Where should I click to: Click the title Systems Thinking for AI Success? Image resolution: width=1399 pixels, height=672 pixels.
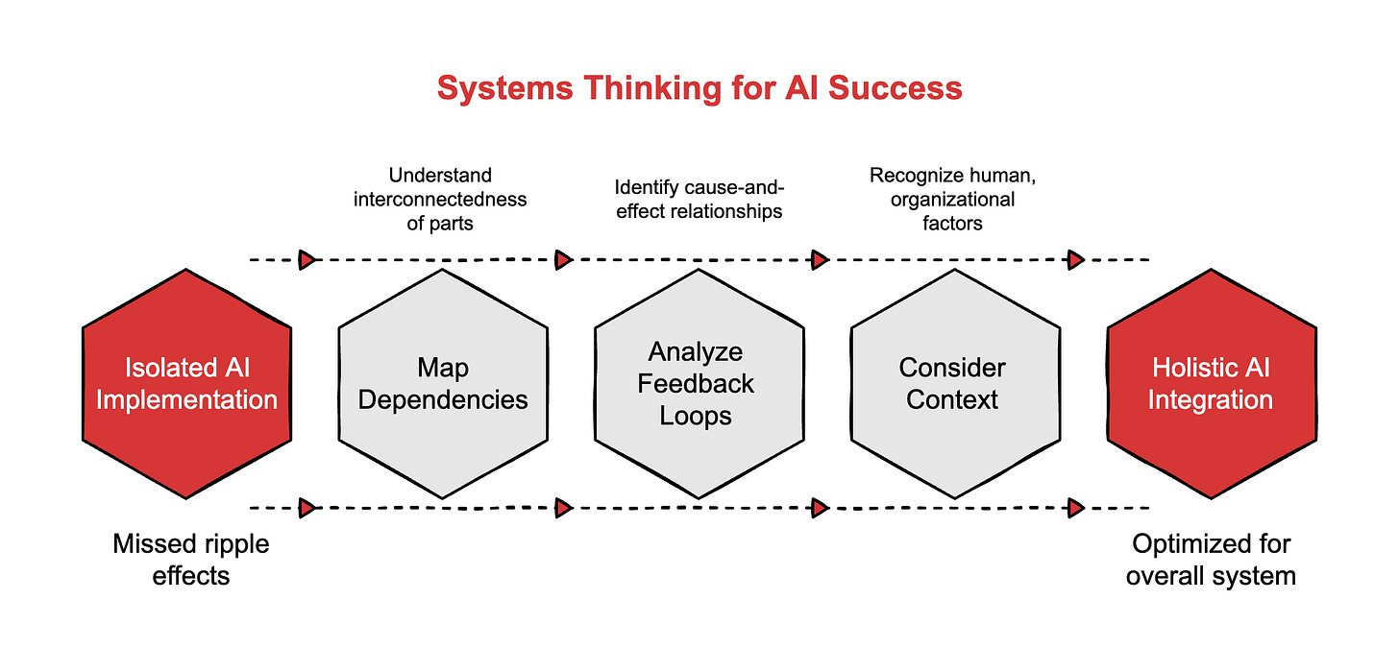click(699, 88)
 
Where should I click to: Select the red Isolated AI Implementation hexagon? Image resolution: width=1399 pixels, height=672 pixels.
click(186, 383)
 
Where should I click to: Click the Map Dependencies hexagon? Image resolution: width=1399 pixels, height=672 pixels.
click(443, 383)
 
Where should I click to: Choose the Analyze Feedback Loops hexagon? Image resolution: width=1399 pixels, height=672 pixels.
click(699, 383)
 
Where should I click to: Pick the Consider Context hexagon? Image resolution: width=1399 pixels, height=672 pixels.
click(954, 383)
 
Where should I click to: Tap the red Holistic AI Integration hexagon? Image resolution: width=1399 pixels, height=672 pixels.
click(1211, 383)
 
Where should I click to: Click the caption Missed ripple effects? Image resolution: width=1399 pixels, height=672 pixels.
click(191, 560)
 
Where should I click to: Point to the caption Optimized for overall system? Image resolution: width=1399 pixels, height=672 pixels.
click(1211, 560)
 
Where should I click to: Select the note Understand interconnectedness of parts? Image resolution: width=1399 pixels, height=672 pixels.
click(441, 200)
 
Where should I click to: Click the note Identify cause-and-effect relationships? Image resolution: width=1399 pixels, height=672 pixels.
click(699, 200)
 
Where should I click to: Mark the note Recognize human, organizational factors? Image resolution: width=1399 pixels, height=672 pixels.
click(942, 200)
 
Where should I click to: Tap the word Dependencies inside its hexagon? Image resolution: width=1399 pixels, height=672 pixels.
click(443, 399)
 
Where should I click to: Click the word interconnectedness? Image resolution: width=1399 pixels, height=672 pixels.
click(441, 200)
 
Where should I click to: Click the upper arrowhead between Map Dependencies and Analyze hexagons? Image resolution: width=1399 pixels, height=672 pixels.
click(564, 259)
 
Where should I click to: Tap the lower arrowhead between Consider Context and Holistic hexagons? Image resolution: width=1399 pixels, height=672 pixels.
click(1076, 508)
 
